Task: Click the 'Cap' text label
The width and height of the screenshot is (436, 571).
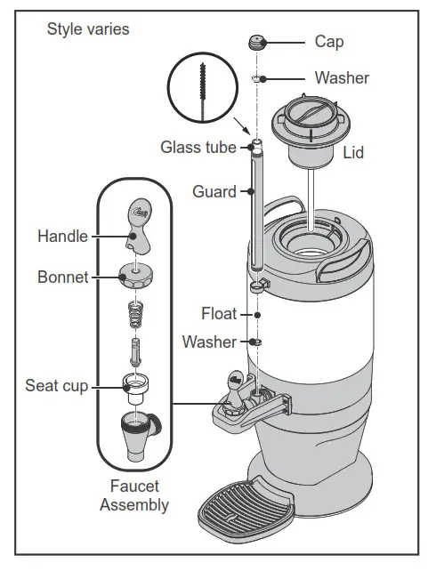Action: click(x=329, y=42)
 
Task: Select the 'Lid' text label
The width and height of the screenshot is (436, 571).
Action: click(x=353, y=153)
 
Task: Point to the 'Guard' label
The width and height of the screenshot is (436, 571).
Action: click(x=214, y=191)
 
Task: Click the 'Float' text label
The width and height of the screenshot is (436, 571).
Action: click(x=219, y=314)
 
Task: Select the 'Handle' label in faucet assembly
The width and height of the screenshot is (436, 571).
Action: click(x=62, y=236)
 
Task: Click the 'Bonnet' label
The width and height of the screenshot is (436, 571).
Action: click(x=62, y=277)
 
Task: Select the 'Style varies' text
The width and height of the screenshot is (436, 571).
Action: click(x=87, y=29)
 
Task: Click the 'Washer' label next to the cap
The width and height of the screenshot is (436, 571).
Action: click(x=342, y=78)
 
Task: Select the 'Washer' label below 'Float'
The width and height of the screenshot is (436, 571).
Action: click(x=210, y=342)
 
